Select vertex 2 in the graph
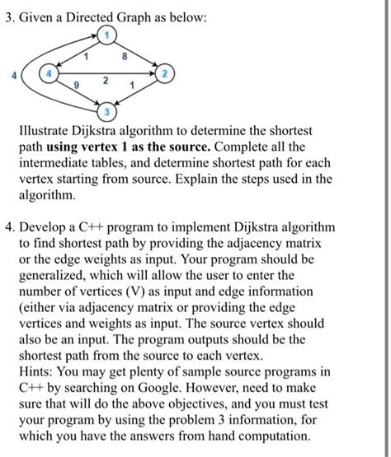163,74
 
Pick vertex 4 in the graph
49,74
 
